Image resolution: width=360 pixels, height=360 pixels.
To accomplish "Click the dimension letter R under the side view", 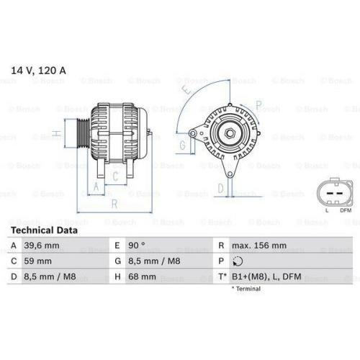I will [x=113, y=203].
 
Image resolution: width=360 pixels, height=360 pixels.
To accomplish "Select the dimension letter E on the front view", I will [x=186, y=91].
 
